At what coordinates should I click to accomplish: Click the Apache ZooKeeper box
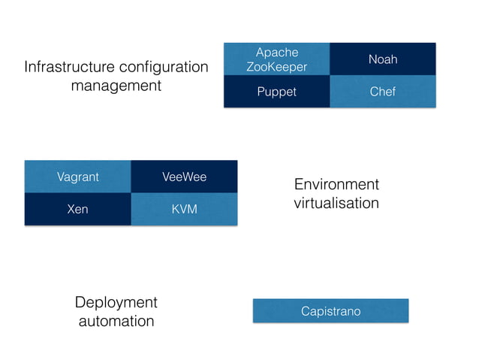pyautogui.click(x=277, y=59)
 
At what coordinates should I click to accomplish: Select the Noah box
pyautogui.click(x=383, y=59)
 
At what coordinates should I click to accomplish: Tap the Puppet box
pyautogui.click(x=277, y=92)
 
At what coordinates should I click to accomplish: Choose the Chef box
pyautogui.click(x=383, y=92)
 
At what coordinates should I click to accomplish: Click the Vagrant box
pyautogui.click(x=77, y=177)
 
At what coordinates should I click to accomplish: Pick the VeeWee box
pyautogui.click(x=184, y=177)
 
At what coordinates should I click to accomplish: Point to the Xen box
pyautogui.click(x=77, y=209)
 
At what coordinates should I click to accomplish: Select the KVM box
pyautogui.click(x=184, y=209)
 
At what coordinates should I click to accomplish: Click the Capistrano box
pyautogui.click(x=330, y=310)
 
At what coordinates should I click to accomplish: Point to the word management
pyautogui.click(x=116, y=86)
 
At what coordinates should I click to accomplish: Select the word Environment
pyautogui.click(x=336, y=185)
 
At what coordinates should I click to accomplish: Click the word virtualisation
pyautogui.click(x=336, y=203)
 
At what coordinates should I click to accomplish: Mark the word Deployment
pyautogui.click(x=116, y=302)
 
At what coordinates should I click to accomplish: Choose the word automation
pyautogui.click(x=116, y=321)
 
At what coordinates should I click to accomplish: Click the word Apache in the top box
pyautogui.click(x=277, y=52)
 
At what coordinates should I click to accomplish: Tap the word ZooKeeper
pyautogui.click(x=277, y=67)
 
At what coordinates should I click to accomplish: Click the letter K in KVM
pyautogui.click(x=175, y=209)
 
